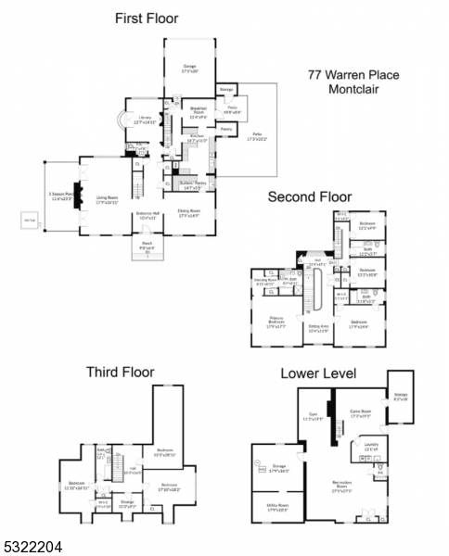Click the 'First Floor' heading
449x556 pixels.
coord(146,18)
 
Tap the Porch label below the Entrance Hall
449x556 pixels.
coord(148,247)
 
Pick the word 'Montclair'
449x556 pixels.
coord(354,90)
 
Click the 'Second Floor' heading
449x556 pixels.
coord(310,197)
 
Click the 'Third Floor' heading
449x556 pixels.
coord(121,372)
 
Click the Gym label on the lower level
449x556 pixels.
coord(312,417)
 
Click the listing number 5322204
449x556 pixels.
coord(31,548)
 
